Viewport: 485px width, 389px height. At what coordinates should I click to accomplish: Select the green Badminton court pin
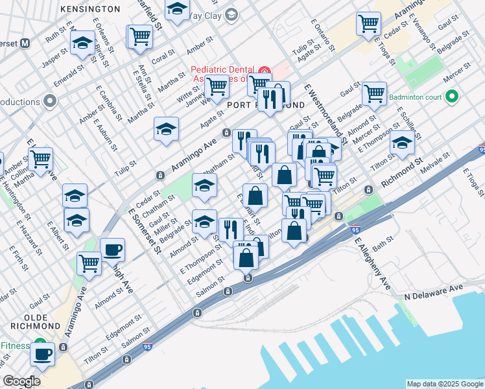[453, 98]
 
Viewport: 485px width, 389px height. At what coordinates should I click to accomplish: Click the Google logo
[21, 381]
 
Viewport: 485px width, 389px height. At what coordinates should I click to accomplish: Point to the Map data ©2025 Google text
[444, 384]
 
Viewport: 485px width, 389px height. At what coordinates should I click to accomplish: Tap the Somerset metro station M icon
[25, 43]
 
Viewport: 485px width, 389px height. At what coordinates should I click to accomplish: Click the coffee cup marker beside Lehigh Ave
[112, 250]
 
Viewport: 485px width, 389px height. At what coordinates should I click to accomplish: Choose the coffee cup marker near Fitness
[43, 354]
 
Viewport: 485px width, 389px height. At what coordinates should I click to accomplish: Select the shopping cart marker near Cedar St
[368, 24]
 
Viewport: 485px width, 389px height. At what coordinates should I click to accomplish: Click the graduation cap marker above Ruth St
[82, 44]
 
